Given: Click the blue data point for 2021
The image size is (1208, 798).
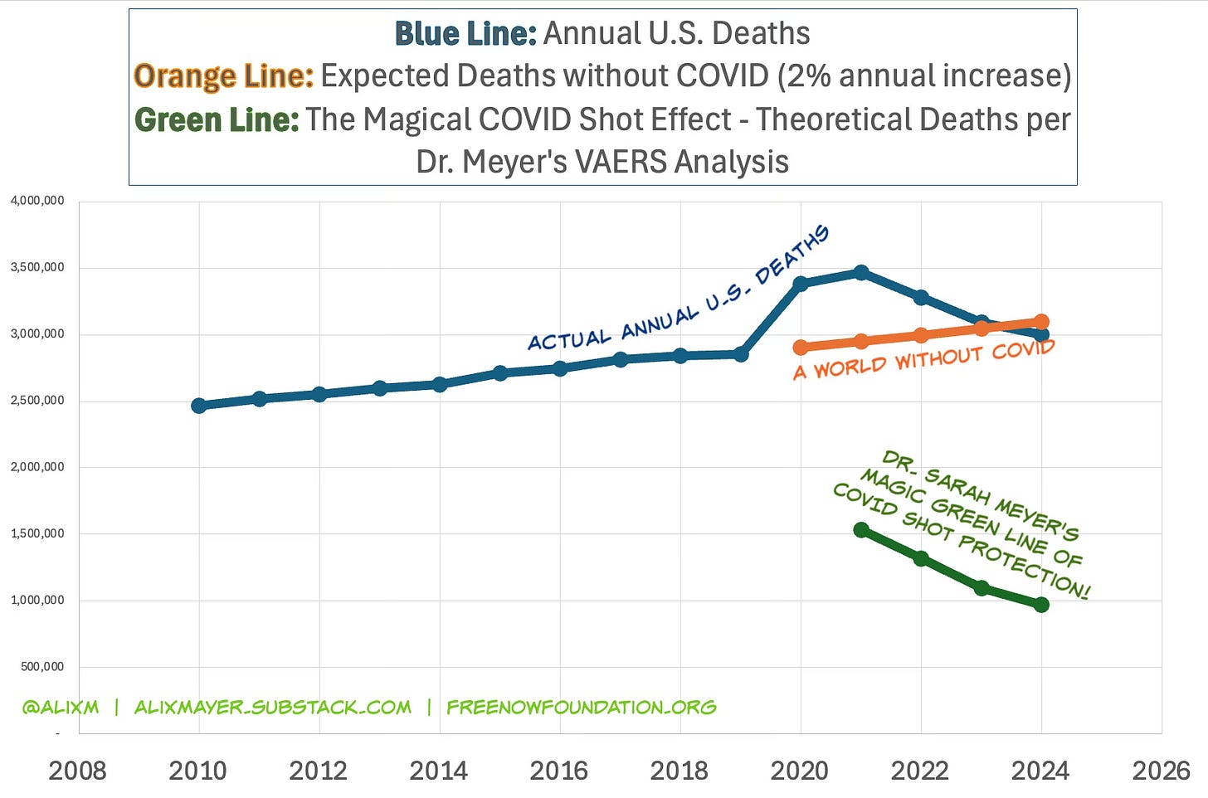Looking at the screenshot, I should (861, 272).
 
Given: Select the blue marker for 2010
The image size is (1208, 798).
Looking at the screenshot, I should (199, 406).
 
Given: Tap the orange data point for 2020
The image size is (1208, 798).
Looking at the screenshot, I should (801, 348).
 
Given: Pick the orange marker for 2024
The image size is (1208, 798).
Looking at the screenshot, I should (1041, 322).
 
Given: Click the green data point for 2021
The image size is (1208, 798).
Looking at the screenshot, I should (861, 530).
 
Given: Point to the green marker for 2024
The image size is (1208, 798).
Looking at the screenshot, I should (1041, 605).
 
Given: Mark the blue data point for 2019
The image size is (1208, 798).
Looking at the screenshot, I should (741, 354).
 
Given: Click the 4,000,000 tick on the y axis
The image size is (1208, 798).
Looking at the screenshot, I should (37, 201).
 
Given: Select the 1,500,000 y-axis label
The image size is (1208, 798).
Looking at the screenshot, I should (37, 533).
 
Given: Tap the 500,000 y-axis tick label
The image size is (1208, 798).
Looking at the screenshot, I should (42, 667).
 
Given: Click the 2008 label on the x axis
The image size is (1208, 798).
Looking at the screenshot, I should (78, 771).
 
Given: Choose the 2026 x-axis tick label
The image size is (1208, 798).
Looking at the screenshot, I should (1161, 771).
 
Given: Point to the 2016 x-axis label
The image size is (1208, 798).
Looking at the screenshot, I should (559, 771).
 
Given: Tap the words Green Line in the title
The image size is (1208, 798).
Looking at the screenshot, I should (217, 119).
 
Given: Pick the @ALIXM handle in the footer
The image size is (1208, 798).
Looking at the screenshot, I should (61, 708).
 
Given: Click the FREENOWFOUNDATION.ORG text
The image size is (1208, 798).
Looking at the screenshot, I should (581, 708).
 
